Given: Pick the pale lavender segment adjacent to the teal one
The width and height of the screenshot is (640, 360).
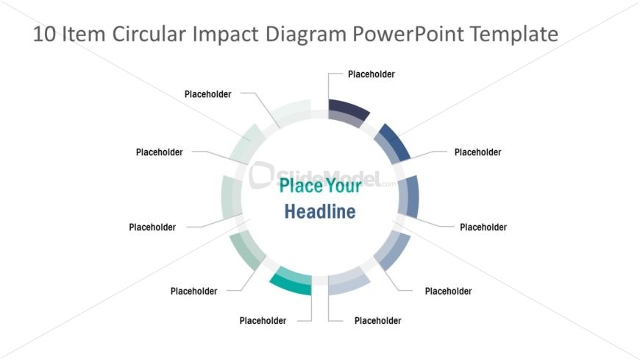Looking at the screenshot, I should [346, 283].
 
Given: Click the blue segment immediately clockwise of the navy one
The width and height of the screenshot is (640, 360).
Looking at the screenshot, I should [392, 142].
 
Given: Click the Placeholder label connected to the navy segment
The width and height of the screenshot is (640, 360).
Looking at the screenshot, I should [371, 74].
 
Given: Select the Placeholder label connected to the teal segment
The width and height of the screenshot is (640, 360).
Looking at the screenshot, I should [263, 320].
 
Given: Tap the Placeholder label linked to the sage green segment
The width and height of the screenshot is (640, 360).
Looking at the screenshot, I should [193, 291].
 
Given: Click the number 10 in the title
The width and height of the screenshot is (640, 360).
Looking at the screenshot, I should [45, 35].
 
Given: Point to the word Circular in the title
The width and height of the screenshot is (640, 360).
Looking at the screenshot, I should [150, 35].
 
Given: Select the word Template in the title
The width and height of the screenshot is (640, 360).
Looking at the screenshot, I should [515, 35].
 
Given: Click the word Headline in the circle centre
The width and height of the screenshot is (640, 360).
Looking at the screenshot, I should [320, 212].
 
